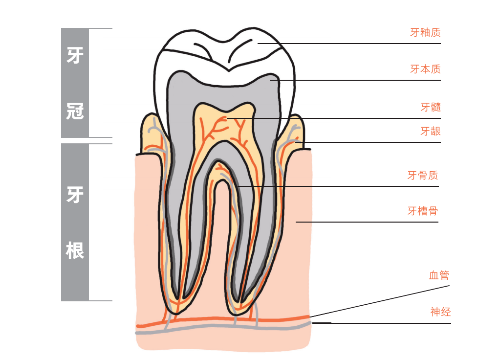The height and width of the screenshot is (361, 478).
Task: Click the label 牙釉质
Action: click(425, 32)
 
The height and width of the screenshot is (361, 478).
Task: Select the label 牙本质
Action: click(425, 69)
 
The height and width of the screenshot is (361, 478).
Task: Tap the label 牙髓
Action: click(431, 107)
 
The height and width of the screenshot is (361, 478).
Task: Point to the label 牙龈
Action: click(431, 131)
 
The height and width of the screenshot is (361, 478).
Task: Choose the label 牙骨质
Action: click(423, 175)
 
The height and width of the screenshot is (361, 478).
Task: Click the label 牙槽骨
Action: click(423, 211)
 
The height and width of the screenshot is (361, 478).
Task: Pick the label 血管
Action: click(439, 275)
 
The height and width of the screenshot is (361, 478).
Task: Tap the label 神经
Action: click(440, 312)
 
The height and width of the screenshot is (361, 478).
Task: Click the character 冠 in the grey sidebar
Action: click(75, 111)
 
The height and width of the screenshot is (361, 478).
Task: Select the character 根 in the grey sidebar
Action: click(75, 250)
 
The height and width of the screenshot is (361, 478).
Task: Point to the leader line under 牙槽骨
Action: click(367, 222)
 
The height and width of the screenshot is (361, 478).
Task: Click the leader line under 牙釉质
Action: click(349, 44)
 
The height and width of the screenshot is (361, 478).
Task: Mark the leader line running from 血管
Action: click(380, 301)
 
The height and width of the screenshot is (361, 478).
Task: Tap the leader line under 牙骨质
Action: click(338, 186)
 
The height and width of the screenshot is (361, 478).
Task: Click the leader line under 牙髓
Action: click(333, 118)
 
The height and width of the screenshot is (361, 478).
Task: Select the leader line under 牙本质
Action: click(355, 80)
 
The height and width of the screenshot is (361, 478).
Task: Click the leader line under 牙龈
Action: click(368, 142)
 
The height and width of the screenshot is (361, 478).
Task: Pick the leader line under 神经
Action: click(382, 323)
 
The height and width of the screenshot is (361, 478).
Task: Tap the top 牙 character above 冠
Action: click(75, 55)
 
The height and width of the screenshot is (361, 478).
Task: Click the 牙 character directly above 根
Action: click(75, 194)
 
